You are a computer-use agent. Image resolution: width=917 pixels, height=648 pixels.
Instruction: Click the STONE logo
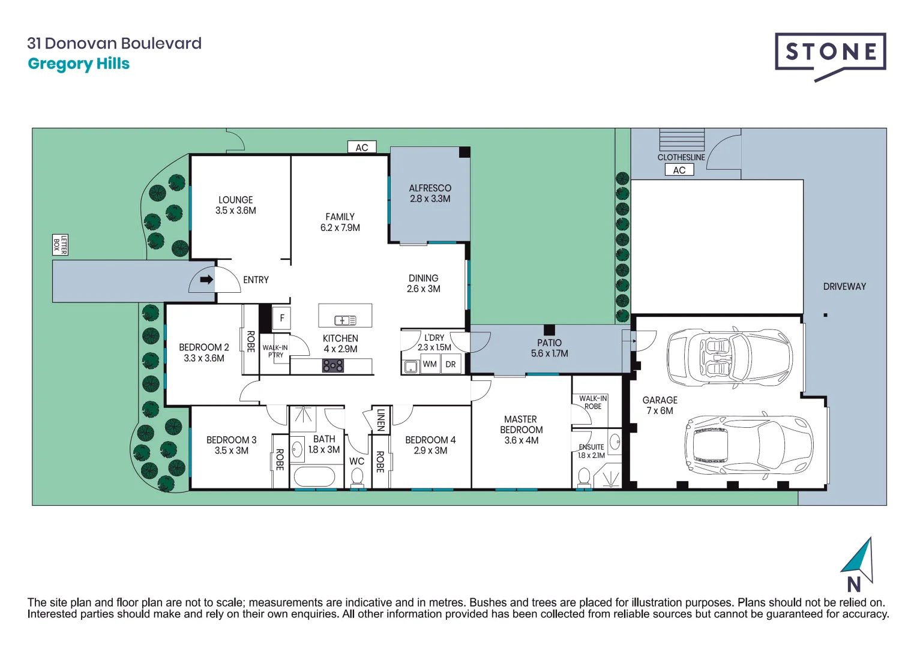click(830, 54)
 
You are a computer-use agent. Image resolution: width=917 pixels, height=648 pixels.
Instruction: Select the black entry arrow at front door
click(206, 280)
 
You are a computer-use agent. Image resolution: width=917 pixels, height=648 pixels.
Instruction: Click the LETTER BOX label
click(60, 245)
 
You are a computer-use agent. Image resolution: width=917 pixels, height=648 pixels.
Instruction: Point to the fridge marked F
click(281, 318)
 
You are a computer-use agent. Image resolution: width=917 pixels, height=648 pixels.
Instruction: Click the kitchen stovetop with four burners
click(333, 365)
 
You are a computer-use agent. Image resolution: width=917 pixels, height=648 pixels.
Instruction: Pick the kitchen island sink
click(345, 320)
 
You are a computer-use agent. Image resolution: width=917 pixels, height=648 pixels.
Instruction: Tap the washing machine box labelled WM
click(430, 364)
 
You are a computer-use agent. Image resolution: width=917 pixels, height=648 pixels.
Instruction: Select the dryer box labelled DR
click(451, 364)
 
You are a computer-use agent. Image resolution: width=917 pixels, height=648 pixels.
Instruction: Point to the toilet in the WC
click(357, 478)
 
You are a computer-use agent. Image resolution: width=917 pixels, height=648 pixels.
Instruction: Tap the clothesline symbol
click(682, 140)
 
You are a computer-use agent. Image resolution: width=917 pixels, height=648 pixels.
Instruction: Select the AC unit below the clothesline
click(679, 170)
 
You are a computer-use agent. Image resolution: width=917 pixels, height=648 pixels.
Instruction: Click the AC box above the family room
click(362, 148)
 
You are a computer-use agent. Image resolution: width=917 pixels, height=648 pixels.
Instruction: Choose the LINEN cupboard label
click(380, 420)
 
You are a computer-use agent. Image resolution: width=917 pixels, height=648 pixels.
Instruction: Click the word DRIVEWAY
click(844, 287)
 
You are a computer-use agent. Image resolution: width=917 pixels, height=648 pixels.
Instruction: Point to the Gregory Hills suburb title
click(79, 64)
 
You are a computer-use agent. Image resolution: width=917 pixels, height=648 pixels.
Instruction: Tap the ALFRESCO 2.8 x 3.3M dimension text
click(430, 199)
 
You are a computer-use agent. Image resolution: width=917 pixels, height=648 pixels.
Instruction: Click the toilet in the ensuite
click(584, 478)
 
